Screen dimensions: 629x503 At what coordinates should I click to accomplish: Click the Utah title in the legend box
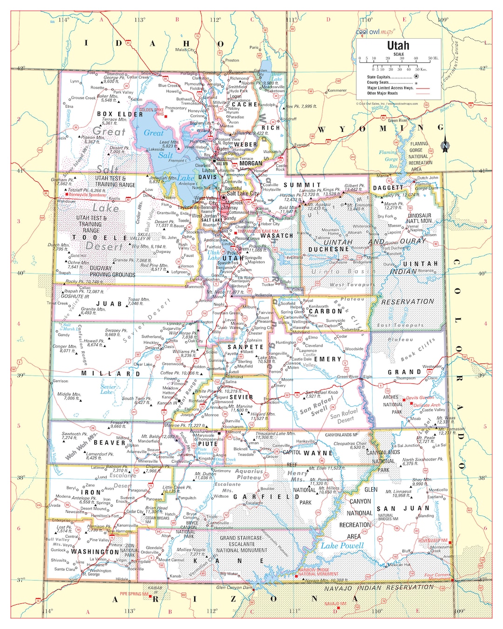398,46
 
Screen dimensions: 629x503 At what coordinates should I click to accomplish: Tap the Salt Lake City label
243,193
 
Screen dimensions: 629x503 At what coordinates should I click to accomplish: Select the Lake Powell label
342,546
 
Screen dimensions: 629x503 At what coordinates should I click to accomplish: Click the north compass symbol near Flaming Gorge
445,145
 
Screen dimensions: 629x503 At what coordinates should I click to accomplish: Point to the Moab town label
415,418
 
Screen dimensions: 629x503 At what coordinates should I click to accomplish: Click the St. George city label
91,574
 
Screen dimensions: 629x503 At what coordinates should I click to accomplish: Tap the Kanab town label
176,576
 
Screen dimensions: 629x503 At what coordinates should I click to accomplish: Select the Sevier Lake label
108,389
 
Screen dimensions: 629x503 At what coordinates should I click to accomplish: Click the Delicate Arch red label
427,405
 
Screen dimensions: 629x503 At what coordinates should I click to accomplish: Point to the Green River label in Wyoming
397,120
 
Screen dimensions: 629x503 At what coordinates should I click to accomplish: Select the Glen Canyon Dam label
234,588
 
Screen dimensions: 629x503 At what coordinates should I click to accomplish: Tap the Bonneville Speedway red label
88,195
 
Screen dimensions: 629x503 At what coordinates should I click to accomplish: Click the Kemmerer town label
337,90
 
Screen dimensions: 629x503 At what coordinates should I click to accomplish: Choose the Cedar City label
135,512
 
